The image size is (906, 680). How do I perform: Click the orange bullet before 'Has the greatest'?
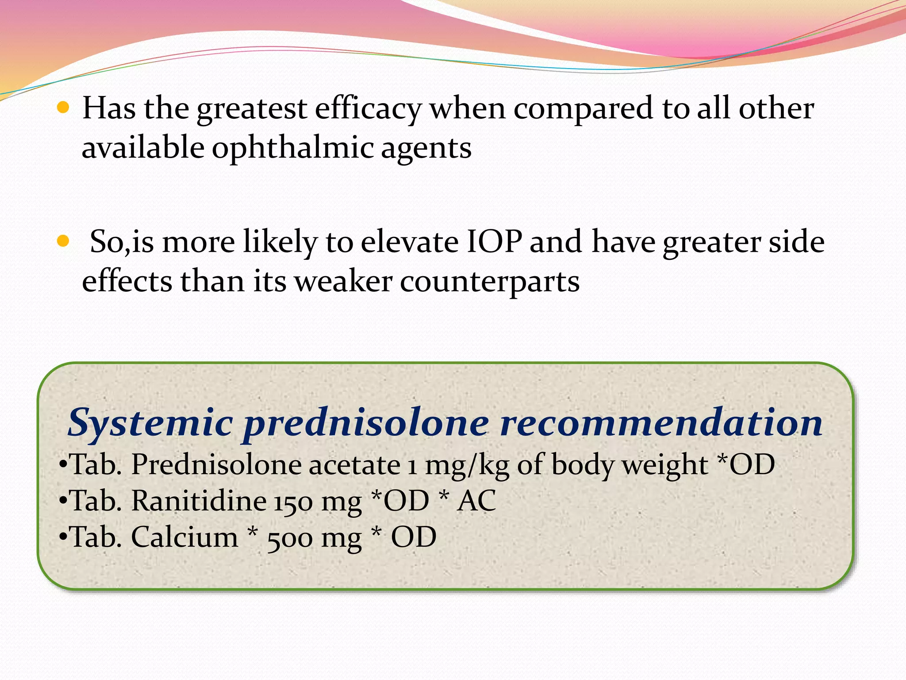[64, 108]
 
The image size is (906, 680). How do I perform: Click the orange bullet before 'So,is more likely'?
[64, 241]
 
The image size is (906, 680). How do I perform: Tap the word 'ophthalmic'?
[292, 148]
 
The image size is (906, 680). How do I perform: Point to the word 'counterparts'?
[490, 282]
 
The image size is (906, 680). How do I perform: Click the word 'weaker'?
[343, 282]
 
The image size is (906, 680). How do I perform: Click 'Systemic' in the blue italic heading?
[150, 423]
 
